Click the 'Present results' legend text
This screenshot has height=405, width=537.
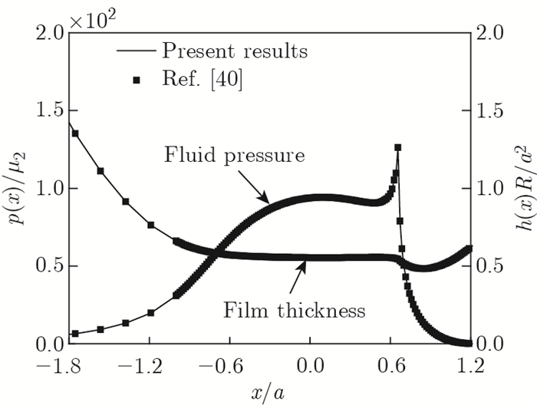(x=234, y=52)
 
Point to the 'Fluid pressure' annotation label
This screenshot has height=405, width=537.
(x=235, y=155)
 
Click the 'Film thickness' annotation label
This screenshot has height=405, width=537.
(x=294, y=311)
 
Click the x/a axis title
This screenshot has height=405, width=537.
(x=269, y=390)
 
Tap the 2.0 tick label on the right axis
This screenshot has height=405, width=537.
(x=494, y=33)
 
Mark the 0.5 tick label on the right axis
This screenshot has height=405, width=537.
(x=494, y=266)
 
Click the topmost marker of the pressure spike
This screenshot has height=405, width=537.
(x=397, y=147)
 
